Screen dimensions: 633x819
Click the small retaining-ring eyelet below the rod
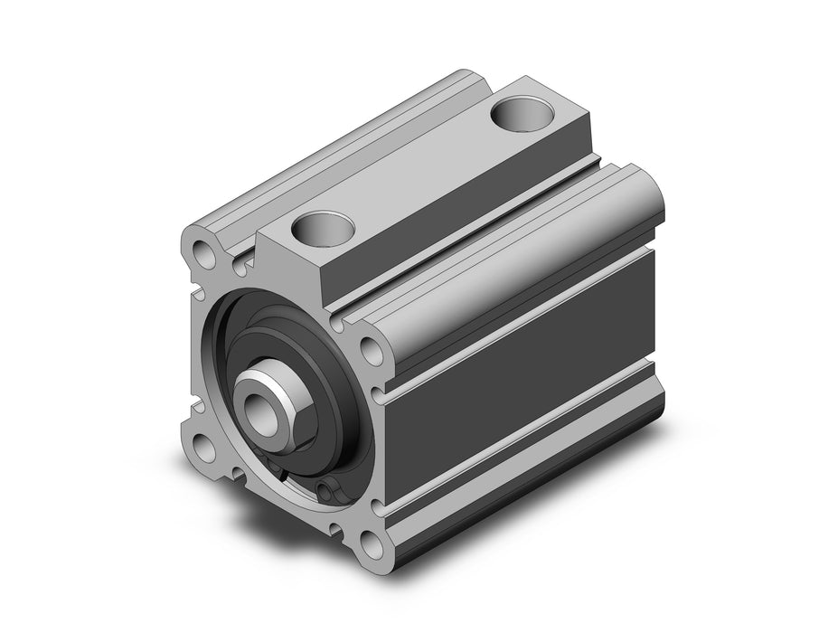tap(326, 491)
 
